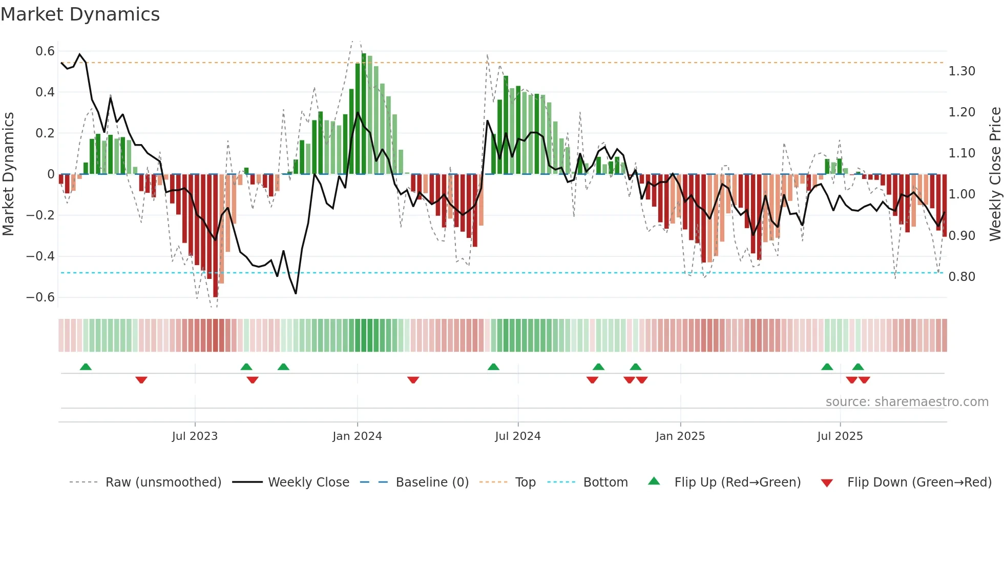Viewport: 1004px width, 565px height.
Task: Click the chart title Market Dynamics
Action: pyautogui.click(x=80, y=14)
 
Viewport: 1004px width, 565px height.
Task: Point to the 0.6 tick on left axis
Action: pyautogui.click(x=45, y=51)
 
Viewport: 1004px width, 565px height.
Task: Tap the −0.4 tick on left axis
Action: pyautogui.click(x=40, y=256)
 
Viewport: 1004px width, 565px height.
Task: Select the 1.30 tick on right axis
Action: pyautogui.click(x=961, y=71)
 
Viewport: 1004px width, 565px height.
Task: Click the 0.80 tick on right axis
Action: pyautogui.click(x=961, y=277)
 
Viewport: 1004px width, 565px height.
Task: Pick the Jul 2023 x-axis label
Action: pyautogui.click(x=195, y=436)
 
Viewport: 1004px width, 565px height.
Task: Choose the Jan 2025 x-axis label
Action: pyautogui.click(x=680, y=436)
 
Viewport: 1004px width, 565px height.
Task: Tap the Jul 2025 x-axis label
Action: pyautogui.click(x=840, y=436)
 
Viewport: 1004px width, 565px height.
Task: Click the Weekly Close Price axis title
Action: pyautogui.click(x=995, y=174)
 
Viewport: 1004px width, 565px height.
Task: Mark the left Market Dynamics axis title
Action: pyautogui.click(x=8, y=174)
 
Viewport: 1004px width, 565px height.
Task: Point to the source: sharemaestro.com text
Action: pyautogui.click(x=907, y=402)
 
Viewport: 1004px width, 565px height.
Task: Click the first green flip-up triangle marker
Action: pyautogui.click(x=86, y=367)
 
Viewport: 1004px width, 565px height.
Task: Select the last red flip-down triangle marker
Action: pyautogui.click(x=864, y=380)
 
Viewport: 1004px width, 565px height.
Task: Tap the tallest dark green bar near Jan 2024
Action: pyautogui.click(x=364, y=113)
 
